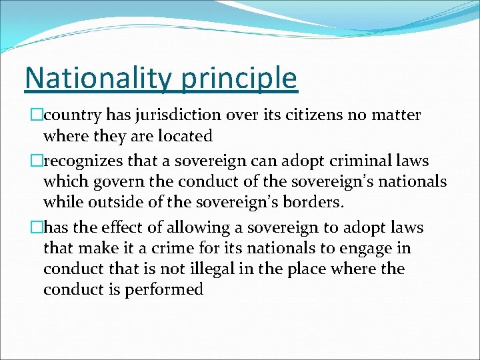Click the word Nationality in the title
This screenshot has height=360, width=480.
(97, 78)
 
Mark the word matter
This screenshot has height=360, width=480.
(397, 115)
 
